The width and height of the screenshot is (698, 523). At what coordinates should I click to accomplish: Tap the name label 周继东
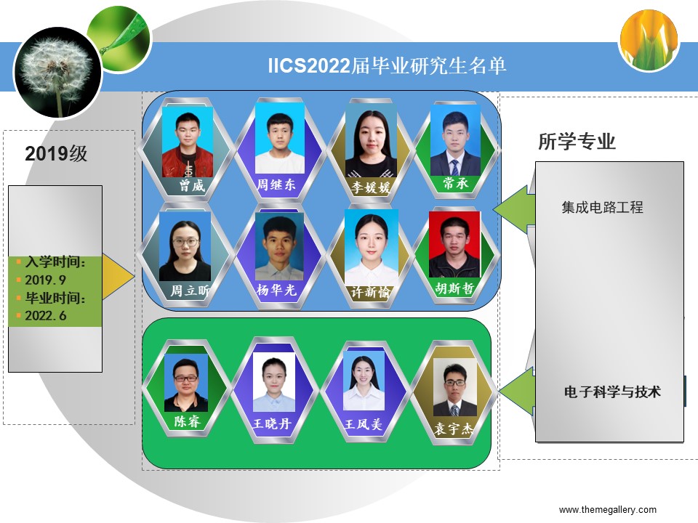(276, 184)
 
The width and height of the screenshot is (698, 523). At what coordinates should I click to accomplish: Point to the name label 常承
(455, 182)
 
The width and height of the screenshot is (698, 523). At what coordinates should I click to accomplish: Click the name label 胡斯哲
(454, 288)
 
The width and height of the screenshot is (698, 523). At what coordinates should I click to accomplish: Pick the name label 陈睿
(187, 421)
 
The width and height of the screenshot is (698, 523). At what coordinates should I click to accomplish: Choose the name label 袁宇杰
(454, 429)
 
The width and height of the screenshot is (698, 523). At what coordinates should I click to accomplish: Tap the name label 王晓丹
(272, 423)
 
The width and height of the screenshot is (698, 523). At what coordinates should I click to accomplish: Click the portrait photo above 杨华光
(279, 246)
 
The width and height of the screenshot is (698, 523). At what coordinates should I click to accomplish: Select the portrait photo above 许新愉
(372, 248)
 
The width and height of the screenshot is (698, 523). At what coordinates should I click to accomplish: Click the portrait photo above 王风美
(364, 380)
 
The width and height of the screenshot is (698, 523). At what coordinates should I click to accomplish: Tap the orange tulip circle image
(649, 41)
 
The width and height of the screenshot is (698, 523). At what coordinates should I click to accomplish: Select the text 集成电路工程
(602, 207)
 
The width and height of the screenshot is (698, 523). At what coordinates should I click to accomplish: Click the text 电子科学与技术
(612, 392)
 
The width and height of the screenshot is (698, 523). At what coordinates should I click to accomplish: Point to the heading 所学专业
(577, 142)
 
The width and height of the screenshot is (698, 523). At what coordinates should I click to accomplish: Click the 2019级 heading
(56, 153)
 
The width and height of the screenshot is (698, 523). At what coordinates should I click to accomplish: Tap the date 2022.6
(45, 316)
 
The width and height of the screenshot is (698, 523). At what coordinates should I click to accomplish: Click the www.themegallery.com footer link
(608, 510)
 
